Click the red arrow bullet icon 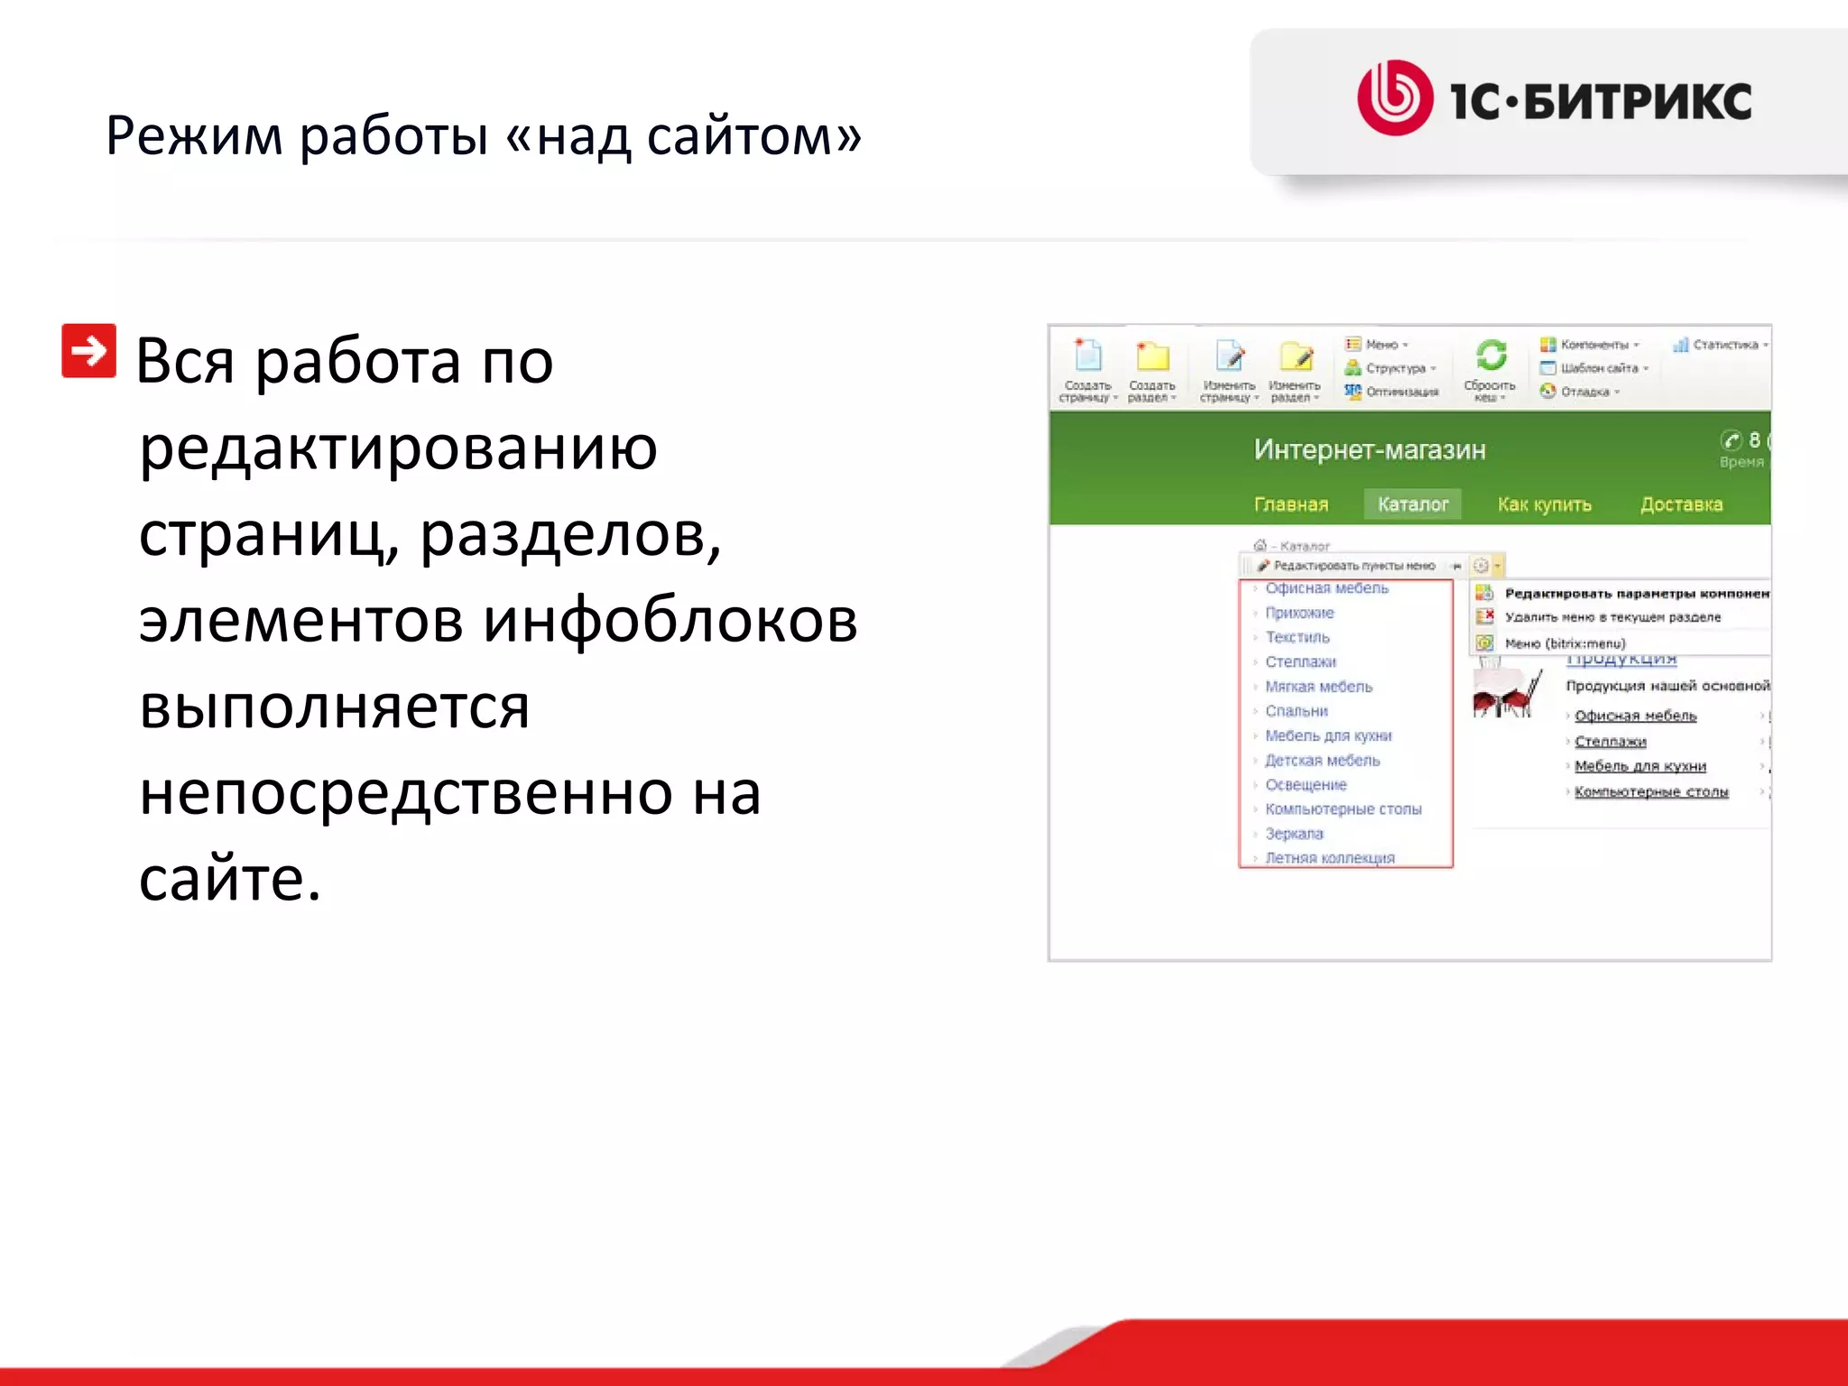[x=88, y=350]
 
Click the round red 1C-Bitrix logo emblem [x=1395, y=97]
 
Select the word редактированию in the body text [x=398, y=448]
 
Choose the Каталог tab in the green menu [x=1412, y=504]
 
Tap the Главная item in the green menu [x=1290, y=504]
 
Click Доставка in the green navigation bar [x=1681, y=504]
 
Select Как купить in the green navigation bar [x=1544, y=504]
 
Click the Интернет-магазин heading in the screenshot [x=1369, y=449]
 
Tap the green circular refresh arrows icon [x=1491, y=355]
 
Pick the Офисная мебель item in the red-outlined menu [x=1326, y=588]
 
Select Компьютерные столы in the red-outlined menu [x=1343, y=809]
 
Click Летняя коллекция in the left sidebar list [x=1329, y=858]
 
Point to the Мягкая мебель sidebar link [x=1318, y=687]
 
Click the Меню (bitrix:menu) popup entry [x=1565, y=643]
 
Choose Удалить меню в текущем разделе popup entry [x=1612, y=617]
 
